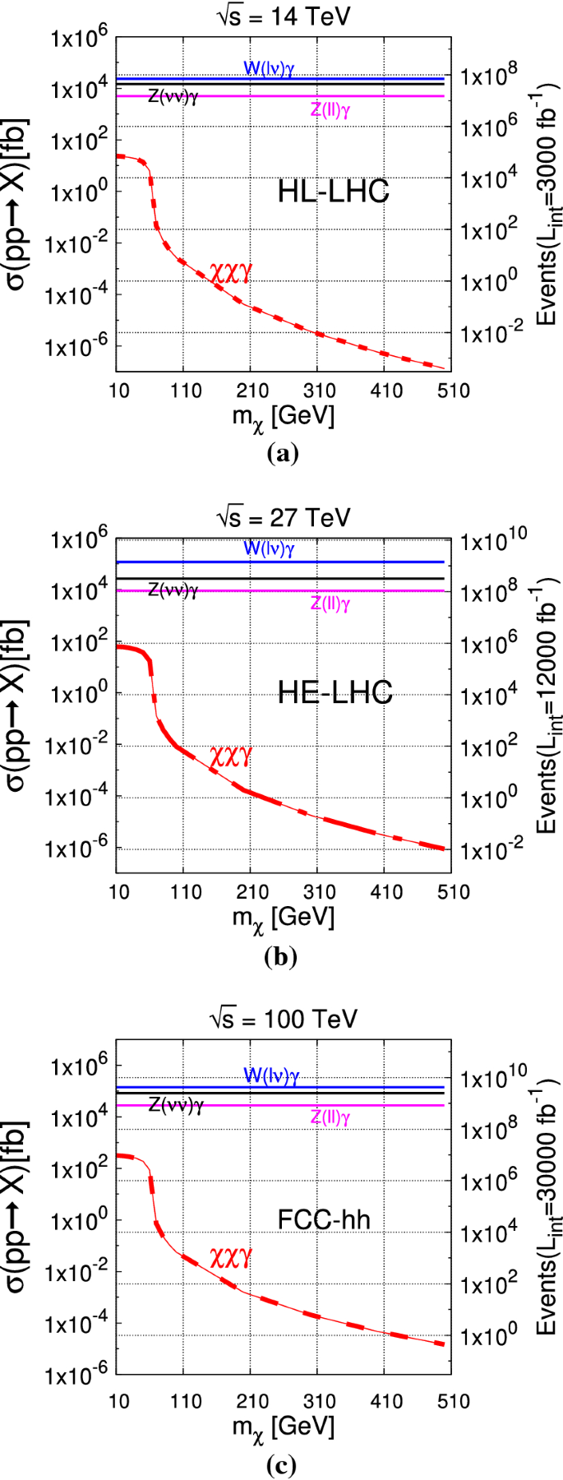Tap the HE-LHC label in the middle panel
[x=335, y=692]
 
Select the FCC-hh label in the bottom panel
[x=324, y=1219]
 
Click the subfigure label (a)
[x=282, y=452]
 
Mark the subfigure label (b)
[x=282, y=956]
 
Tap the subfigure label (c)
[x=282, y=1459]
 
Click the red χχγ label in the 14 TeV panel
[x=230, y=274]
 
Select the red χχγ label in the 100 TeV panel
[x=230, y=1257]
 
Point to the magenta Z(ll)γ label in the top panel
[x=330, y=111]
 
